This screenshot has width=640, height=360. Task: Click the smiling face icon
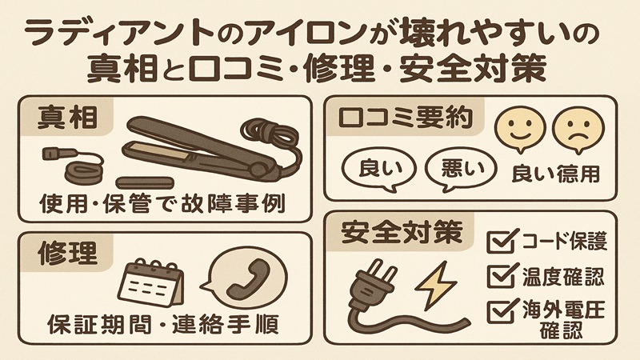click(515, 128)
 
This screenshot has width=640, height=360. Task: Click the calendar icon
click(151, 283)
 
